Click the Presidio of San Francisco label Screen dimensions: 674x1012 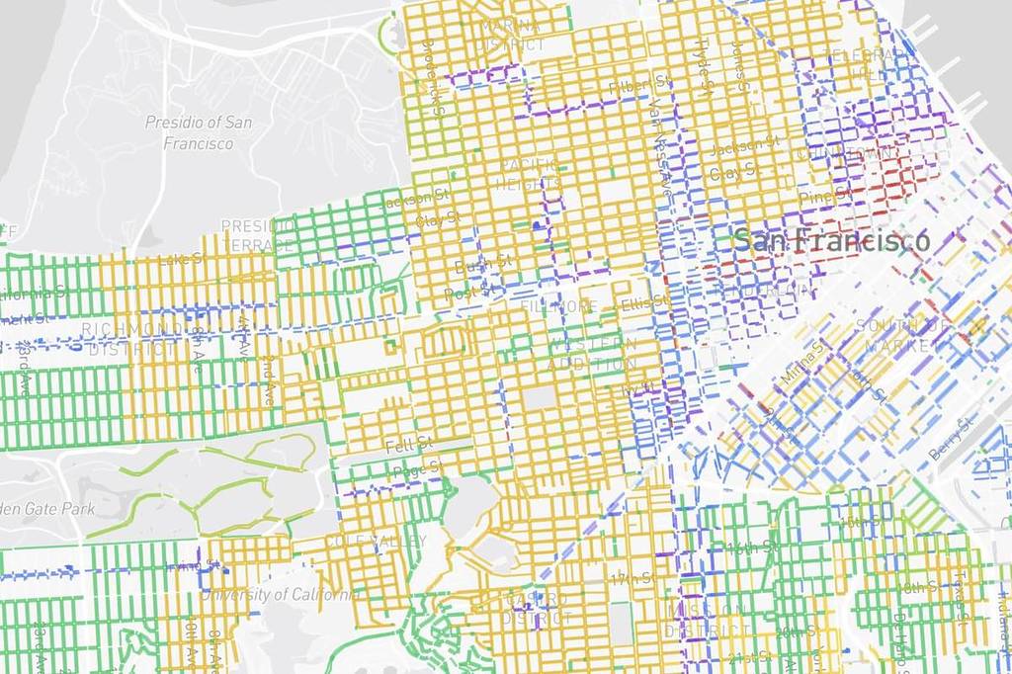pyautogui.click(x=198, y=132)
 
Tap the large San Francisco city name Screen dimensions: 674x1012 pyautogui.click(x=831, y=240)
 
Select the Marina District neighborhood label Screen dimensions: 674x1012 pyautogui.click(x=510, y=35)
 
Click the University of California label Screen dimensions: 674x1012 pyautogui.click(x=280, y=595)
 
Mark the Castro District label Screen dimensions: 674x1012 pyautogui.click(x=535, y=610)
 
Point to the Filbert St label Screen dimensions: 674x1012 pyautogui.click(x=630, y=87)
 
